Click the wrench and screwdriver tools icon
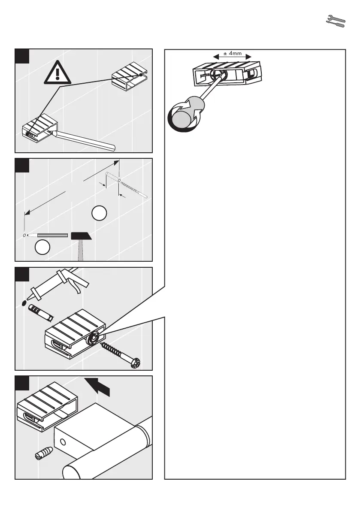pos(336,21)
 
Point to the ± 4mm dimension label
pos(232,54)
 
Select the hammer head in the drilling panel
pos(81,236)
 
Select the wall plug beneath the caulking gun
pos(40,312)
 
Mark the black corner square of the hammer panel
pos(22,166)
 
